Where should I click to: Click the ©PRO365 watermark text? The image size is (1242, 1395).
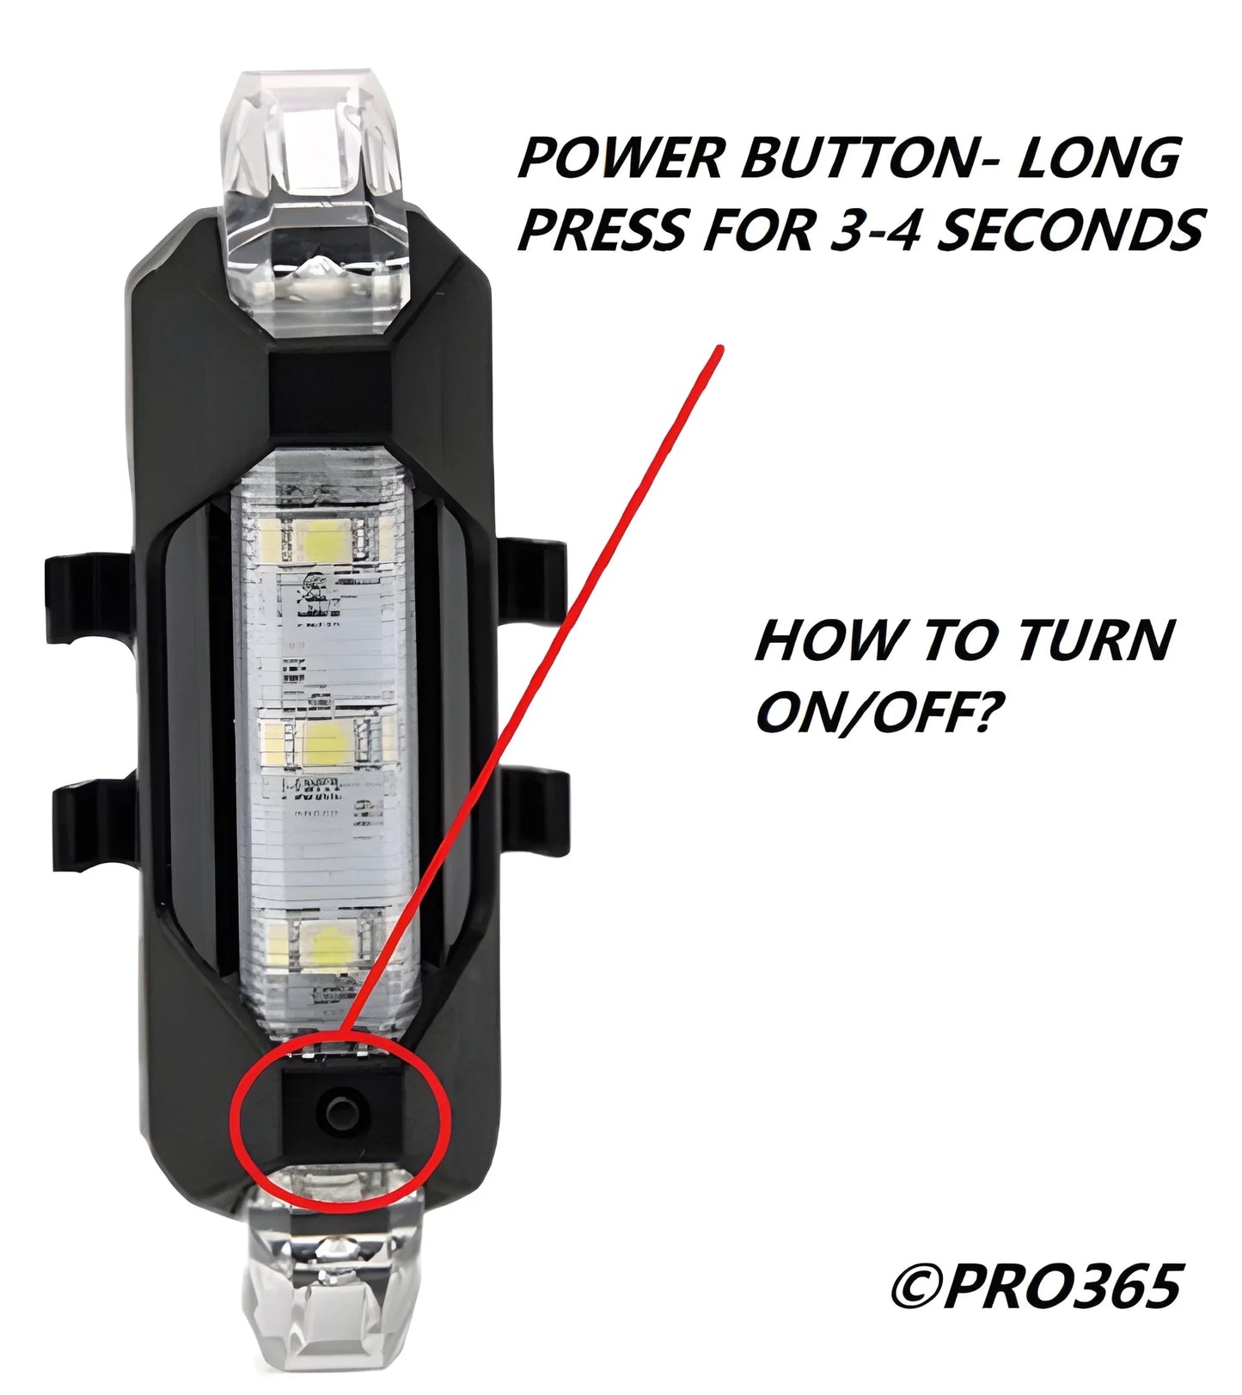(x=1035, y=1287)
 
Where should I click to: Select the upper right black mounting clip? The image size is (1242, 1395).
(x=533, y=584)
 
